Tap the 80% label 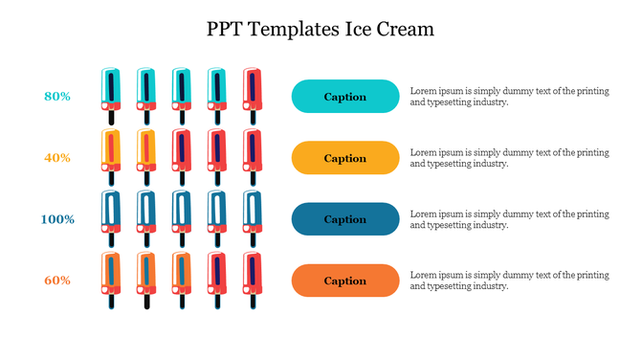[57, 96]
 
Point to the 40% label [57, 157]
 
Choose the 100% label [57, 219]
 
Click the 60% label [57, 281]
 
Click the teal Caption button [344, 97]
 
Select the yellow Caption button [344, 158]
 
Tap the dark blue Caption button [344, 219]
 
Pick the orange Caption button [344, 281]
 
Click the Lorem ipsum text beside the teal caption [509, 96]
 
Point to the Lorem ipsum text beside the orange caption [509, 281]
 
